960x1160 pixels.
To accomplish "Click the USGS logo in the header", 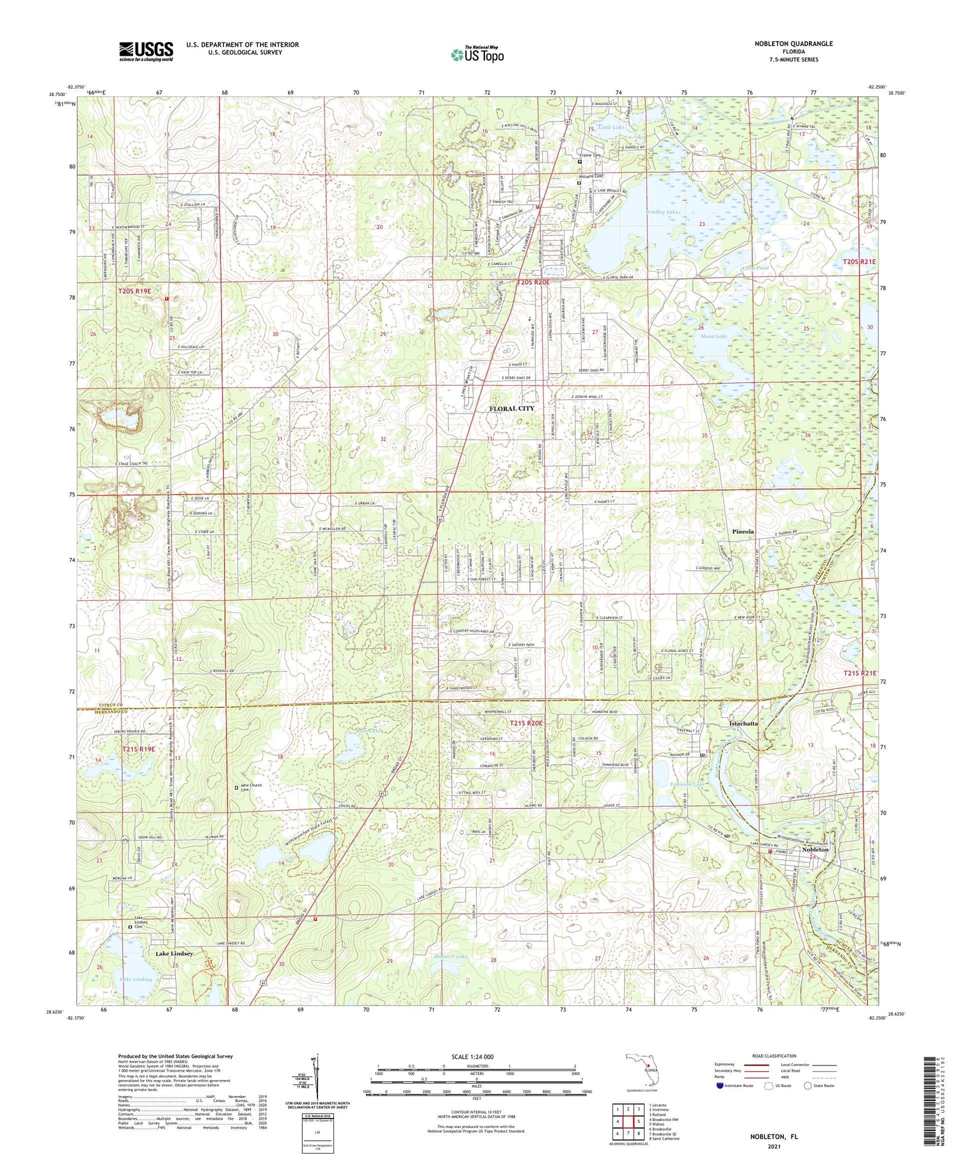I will coord(146,51).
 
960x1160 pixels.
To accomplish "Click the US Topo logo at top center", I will coord(477,55).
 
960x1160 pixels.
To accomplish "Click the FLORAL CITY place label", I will coord(511,408).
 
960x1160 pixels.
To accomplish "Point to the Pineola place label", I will coord(742,532).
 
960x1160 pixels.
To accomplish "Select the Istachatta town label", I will coord(743,723).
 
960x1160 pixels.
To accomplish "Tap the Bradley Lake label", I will coord(661,211).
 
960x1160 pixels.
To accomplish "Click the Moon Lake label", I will coord(714,336).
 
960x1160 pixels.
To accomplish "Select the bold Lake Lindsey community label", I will coord(174,953).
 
